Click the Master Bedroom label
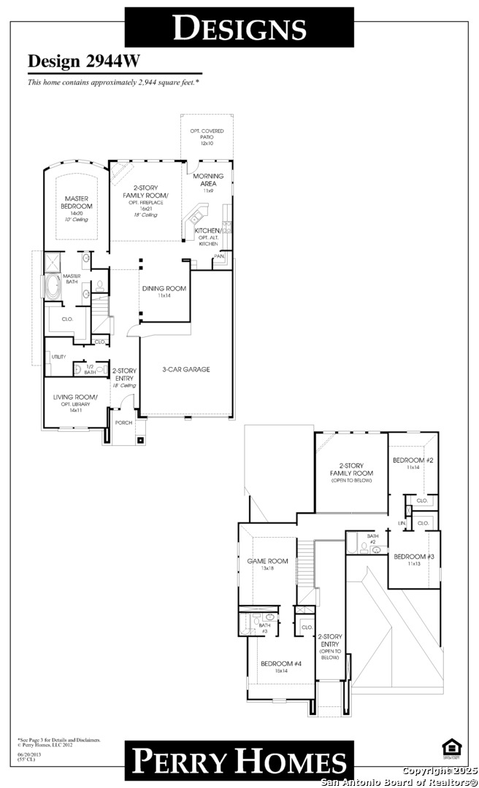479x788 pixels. tap(77, 203)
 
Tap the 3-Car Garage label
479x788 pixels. tap(186, 369)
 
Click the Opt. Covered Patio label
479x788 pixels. tap(207, 136)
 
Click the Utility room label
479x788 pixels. tap(58, 357)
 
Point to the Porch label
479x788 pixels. tap(123, 422)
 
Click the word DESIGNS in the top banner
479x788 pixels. tap(239, 28)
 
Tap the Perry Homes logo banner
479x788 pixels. tap(239, 761)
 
